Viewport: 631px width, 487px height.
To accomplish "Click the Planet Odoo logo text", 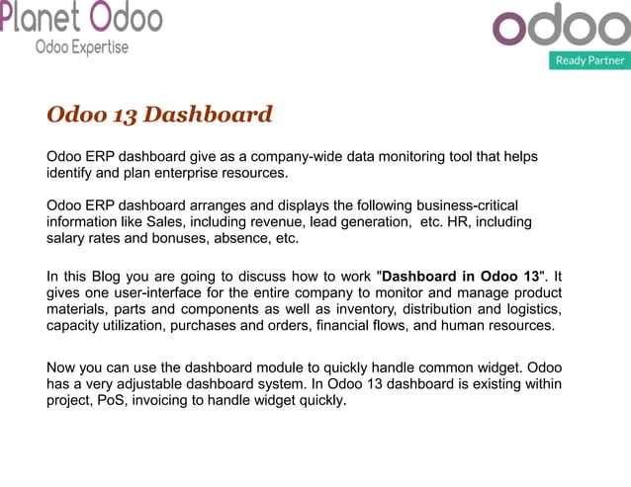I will tap(81, 17).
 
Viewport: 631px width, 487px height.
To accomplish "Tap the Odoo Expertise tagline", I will tap(82, 47).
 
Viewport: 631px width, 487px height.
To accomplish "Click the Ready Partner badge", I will tap(589, 60).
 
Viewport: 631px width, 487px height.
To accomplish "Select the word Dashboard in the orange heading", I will tap(208, 115).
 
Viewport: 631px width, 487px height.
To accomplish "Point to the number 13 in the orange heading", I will tap(125, 115).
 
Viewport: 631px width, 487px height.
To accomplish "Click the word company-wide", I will tap(299, 157).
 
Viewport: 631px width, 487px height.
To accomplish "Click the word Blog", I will tap(116, 277).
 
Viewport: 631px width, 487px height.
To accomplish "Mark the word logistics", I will tap(531, 309).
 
